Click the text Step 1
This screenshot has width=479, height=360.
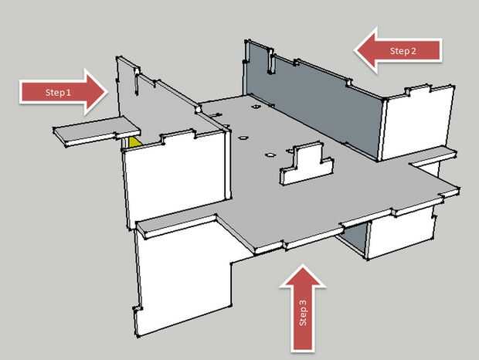(x=58, y=92)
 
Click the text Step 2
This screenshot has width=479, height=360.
(x=403, y=51)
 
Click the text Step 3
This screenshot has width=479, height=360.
(x=302, y=312)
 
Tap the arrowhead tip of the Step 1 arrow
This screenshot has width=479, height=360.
(x=108, y=92)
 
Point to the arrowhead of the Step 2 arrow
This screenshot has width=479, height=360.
(x=366, y=50)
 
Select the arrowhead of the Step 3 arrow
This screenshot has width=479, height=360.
(x=302, y=277)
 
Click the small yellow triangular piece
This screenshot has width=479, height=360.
(x=134, y=142)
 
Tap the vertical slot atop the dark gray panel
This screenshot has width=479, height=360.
(x=270, y=61)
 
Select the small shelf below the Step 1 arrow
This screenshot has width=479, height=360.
(x=97, y=131)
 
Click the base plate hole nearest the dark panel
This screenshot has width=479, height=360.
(x=256, y=107)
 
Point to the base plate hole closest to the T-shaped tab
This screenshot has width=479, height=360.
(x=270, y=155)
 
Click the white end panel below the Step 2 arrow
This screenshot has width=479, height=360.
(x=417, y=122)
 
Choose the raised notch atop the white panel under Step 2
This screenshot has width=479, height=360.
(x=417, y=89)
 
